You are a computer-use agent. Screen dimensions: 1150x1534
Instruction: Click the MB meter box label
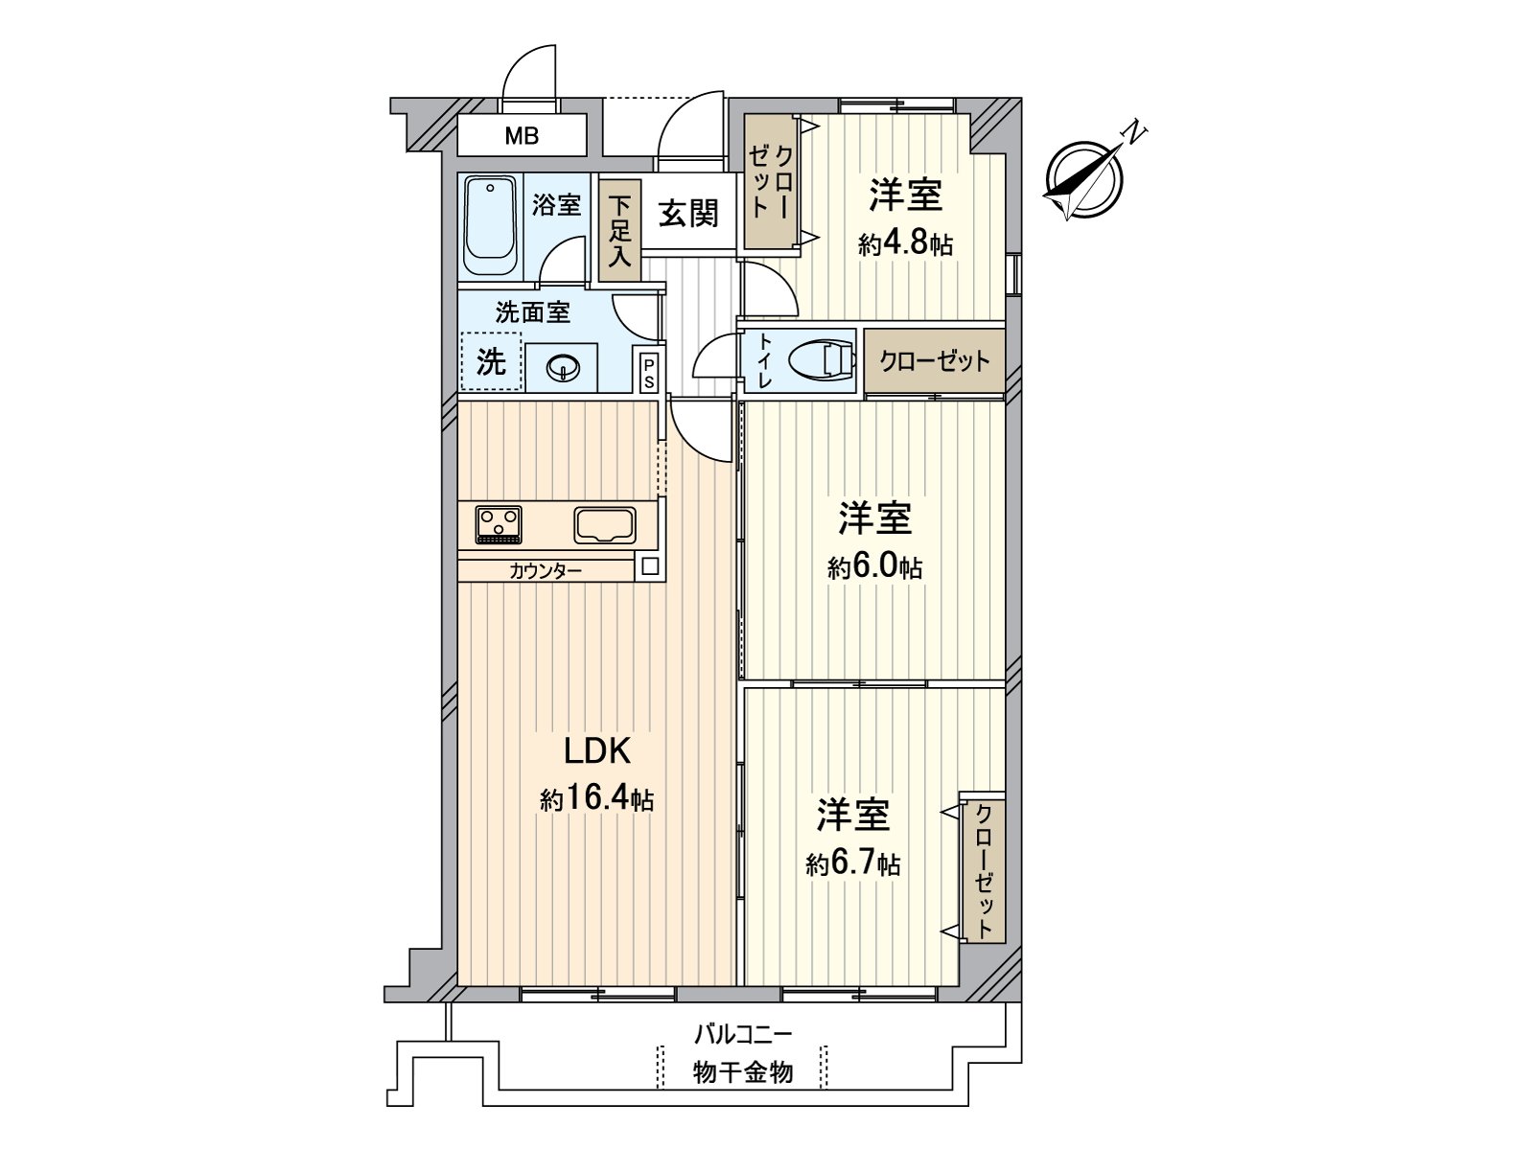pyautogui.click(x=522, y=136)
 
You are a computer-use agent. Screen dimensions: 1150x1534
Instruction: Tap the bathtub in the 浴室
pyautogui.click(x=490, y=224)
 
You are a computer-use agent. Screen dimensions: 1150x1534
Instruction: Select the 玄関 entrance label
pyautogui.click(x=687, y=212)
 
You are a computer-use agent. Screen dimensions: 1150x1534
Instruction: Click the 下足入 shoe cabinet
pyautogui.click(x=619, y=231)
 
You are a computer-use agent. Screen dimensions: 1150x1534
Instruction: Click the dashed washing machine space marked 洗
pyautogui.click(x=491, y=361)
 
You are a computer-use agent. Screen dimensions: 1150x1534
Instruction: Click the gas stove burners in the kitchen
pyautogui.click(x=499, y=524)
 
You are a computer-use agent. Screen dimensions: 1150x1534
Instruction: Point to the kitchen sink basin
pyautogui.click(x=604, y=525)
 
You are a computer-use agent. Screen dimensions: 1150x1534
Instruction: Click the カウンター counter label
pyautogui.click(x=546, y=571)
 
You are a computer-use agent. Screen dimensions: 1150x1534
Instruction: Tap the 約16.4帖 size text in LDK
pyautogui.click(x=596, y=799)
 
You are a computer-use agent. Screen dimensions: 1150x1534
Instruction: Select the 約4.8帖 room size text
pyautogui.click(x=905, y=243)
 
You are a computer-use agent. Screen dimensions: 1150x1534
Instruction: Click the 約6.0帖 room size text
pyautogui.click(x=874, y=567)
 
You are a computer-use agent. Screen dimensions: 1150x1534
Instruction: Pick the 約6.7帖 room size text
pyautogui.click(x=852, y=864)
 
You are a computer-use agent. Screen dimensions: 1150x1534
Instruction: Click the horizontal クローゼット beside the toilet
pyautogui.click(x=934, y=361)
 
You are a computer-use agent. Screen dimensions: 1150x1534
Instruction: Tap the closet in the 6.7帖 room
pyautogui.click(x=983, y=870)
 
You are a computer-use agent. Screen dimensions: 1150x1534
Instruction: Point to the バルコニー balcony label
pyautogui.click(x=743, y=1034)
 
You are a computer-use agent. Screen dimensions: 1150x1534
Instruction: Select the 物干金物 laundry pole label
pyautogui.click(x=743, y=1071)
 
